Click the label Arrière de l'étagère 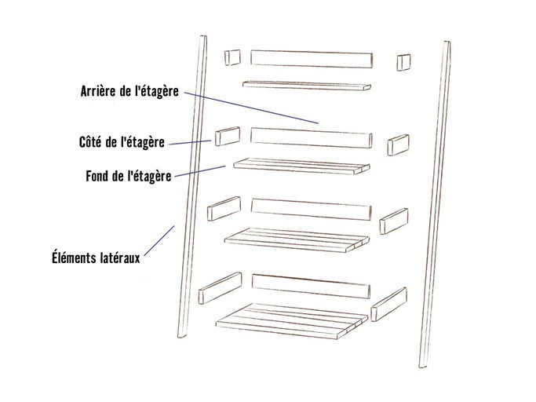click(x=129, y=91)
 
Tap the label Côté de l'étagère click(x=122, y=142)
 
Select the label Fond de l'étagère click(x=128, y=176)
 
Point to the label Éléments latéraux click(x=96, y=258)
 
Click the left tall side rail click(x=192, y=186)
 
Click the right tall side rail click(x=435, y=204)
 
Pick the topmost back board click(x=312, y=59)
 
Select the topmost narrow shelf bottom click(x=307, y=86)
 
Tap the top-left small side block click(x=232, y=57)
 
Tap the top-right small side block click(x=403, y=62)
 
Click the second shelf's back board click(x=312, y=137)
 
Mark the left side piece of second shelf click(x=228, y=136)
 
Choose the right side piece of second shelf click(x=398, y=145)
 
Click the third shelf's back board click(x=311, y=210)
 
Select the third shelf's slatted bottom click(x=297, y=240)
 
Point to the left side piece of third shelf click(x=224, y=208)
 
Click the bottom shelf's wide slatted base click(x=292, y=321)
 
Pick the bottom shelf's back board click(x=311, y=286)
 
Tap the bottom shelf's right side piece click(x=389, y=304)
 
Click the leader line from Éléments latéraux click(x=159, y=240)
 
